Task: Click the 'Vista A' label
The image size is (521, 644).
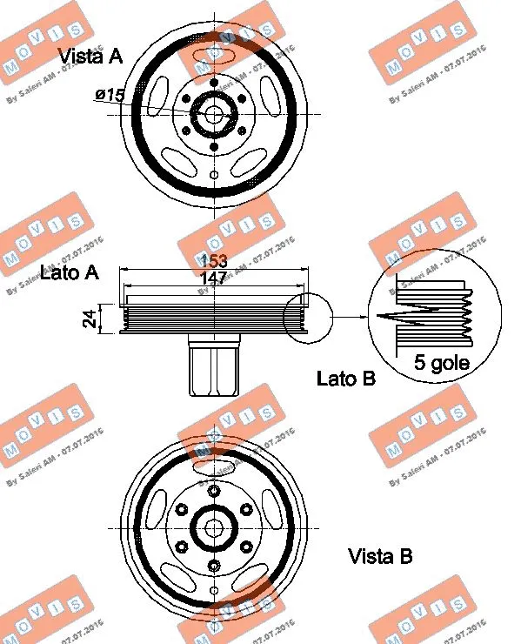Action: tap(90, 57)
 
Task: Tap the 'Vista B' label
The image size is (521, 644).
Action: tap(380, 555)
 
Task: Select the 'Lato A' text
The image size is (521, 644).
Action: tap(70, 272)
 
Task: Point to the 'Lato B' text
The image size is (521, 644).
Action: tap(345, 379)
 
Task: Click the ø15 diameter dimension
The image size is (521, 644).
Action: tap(110, 95)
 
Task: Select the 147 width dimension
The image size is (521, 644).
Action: tap(213, 278)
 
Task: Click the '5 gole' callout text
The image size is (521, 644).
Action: tap(441, 363)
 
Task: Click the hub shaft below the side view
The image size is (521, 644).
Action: tap(212, 368)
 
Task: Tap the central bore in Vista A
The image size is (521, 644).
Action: tap(214, 114)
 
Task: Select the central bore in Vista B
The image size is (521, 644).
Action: tap(214, 527)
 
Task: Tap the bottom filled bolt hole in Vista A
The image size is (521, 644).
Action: tap(214, 146)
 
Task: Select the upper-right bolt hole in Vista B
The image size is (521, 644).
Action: tap(246, 509)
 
